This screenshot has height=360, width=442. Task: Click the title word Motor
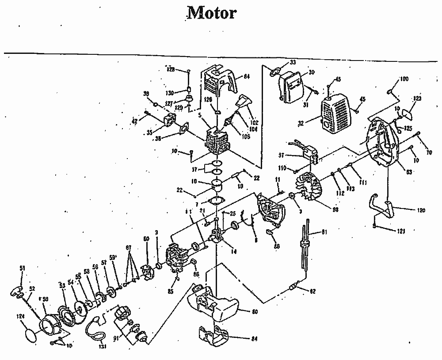(212, 12)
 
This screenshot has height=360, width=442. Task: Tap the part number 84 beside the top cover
(246, 77)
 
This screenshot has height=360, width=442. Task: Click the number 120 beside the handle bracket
(421, 210)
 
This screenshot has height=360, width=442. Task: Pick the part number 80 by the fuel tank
(255, 312)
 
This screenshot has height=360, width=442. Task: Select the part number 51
(23, 268)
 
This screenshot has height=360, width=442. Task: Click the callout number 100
(404, 79)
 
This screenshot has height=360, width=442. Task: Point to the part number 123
(417, 99)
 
